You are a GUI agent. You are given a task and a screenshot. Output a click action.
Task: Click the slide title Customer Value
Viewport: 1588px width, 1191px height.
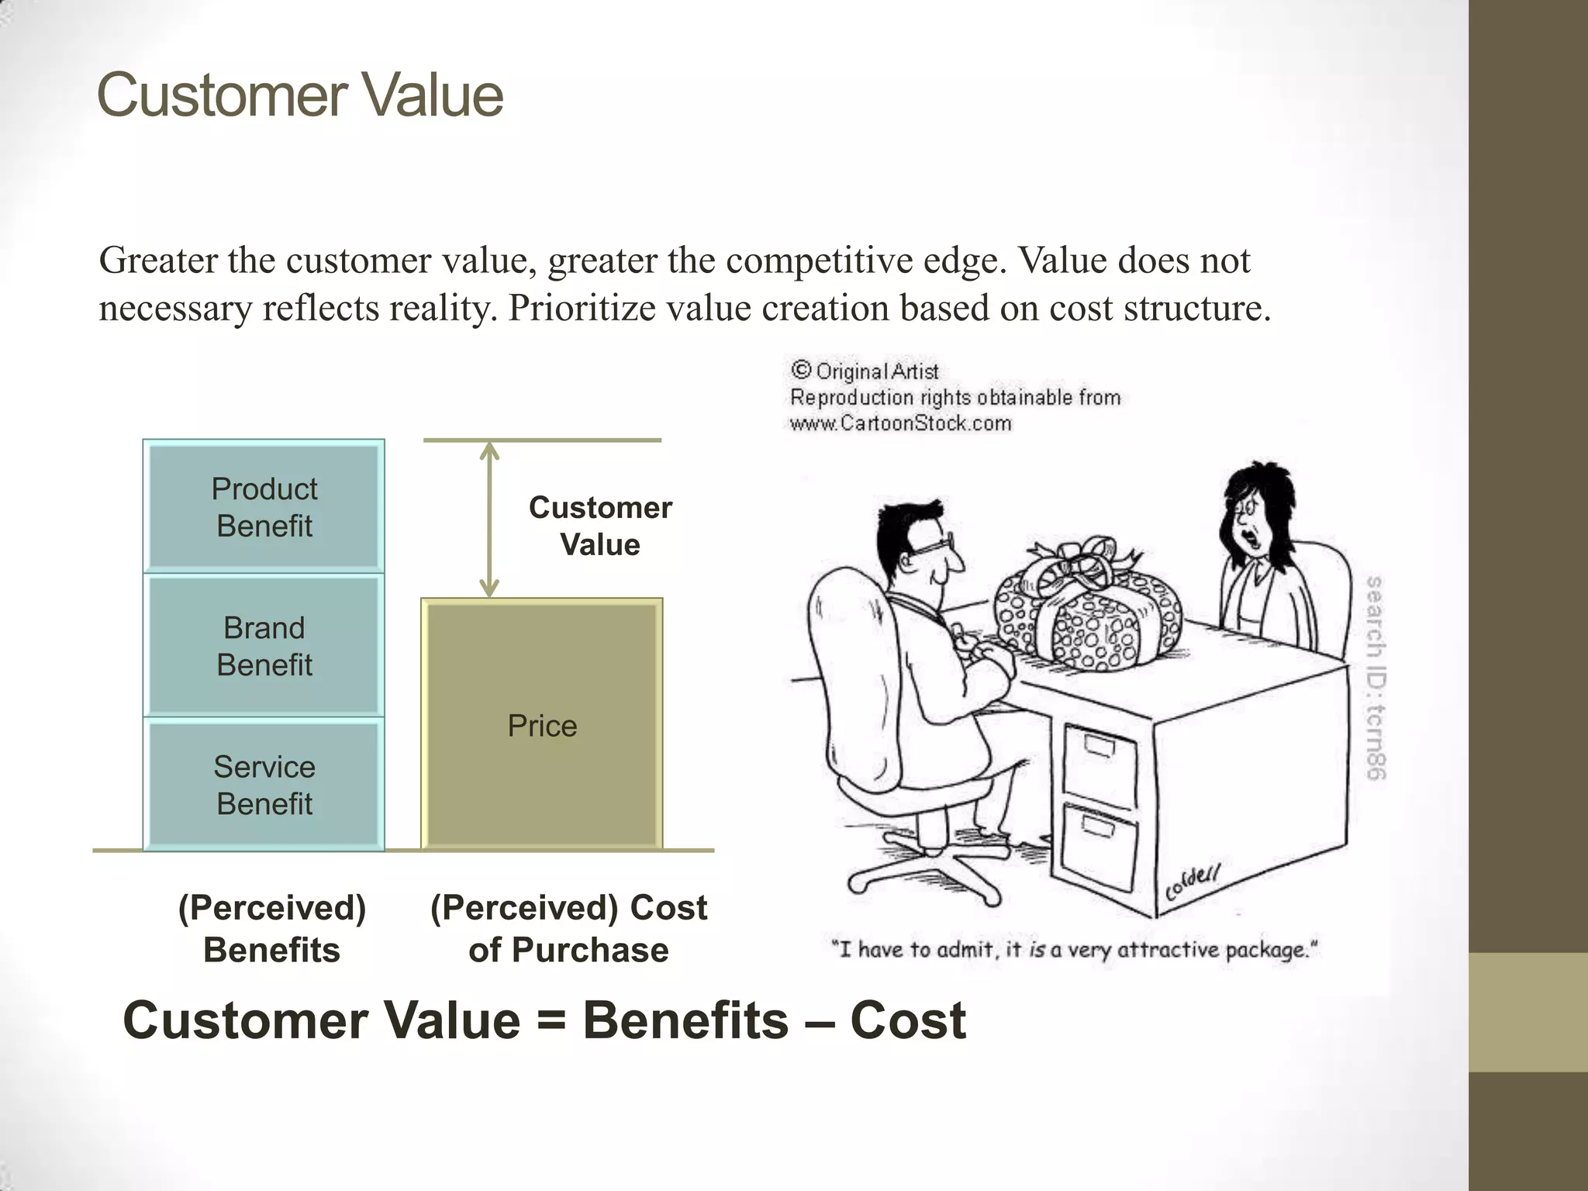point(300,95)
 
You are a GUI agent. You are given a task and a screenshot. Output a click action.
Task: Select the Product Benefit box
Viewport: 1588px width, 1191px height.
point(264,507)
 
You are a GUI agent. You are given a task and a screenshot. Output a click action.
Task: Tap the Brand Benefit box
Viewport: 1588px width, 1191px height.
point(264,646)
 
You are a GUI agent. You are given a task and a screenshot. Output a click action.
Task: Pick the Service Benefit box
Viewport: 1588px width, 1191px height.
point(264,785)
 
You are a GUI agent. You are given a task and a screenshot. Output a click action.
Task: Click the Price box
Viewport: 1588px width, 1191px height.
point(542,725)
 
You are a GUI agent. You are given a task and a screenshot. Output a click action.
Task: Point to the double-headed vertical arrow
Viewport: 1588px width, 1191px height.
point(489,520)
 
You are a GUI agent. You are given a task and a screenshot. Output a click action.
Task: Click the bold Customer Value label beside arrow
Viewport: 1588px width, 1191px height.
point(600,526)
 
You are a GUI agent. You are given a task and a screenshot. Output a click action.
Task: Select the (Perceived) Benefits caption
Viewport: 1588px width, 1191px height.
point(271,928)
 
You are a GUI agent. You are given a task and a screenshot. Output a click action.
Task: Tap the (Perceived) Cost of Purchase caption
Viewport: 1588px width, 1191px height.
point(568,928)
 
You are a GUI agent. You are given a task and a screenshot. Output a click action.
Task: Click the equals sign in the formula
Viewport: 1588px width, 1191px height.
point(551,1020)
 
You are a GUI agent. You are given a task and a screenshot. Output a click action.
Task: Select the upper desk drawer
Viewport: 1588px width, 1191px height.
point(1100,764)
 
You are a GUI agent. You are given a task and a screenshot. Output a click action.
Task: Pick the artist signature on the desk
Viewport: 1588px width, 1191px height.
point(1193,882)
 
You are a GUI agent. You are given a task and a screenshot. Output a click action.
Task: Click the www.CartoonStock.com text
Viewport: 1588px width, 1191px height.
point(900,423)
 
